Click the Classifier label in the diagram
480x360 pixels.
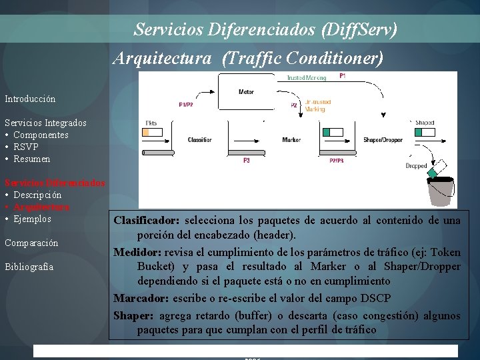pos(200,140)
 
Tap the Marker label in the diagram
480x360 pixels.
pos(291,140)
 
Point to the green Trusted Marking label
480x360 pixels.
pos(306,77)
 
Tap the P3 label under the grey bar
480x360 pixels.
pos(246,160)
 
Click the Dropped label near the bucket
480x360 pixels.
pos(416,165)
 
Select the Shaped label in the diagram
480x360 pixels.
pos(425,123)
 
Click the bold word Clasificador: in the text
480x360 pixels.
pos(147,220)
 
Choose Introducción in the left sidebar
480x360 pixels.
pos(30,99)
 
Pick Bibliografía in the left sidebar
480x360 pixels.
pos(29,267)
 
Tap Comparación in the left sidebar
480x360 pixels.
pos(31,243)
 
